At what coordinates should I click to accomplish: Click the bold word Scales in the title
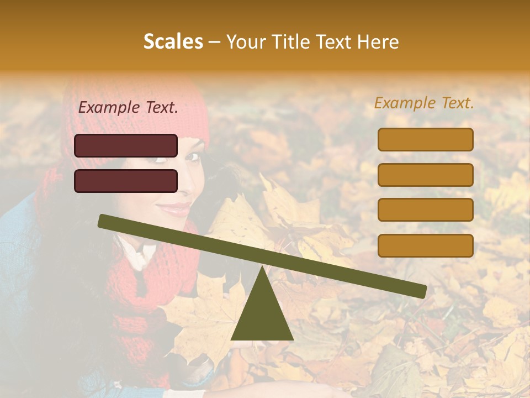(x=173, y=41)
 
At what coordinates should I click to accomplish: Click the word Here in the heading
(x=378, y=41)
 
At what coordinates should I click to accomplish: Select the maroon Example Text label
(x=128, y=108)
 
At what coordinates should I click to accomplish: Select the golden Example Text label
(x=424, y=103)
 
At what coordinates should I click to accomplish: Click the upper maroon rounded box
(x=126, y=145)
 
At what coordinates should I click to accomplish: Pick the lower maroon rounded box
(x=126, y=181)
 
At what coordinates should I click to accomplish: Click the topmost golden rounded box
(x=425, y=139)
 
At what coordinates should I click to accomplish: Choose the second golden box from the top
(x=425, y=175)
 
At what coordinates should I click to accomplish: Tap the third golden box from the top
(x=425, y=210)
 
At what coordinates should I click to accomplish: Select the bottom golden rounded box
(x=425, y=245)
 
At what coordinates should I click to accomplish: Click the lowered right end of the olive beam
(x=420, y=291)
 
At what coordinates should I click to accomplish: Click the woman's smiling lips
(x=174, y=209)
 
